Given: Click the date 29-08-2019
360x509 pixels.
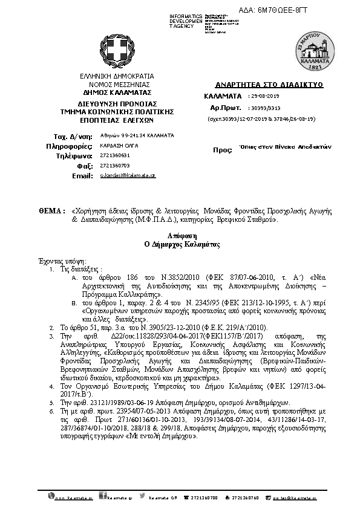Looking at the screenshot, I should tap(264, 96).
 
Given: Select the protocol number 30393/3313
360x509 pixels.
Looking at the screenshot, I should tap(266, 107).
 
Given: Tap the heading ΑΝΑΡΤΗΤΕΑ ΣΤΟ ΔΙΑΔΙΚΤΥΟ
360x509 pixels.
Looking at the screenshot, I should tap(261, 85).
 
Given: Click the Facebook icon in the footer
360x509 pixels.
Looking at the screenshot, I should tap(103, 497).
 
